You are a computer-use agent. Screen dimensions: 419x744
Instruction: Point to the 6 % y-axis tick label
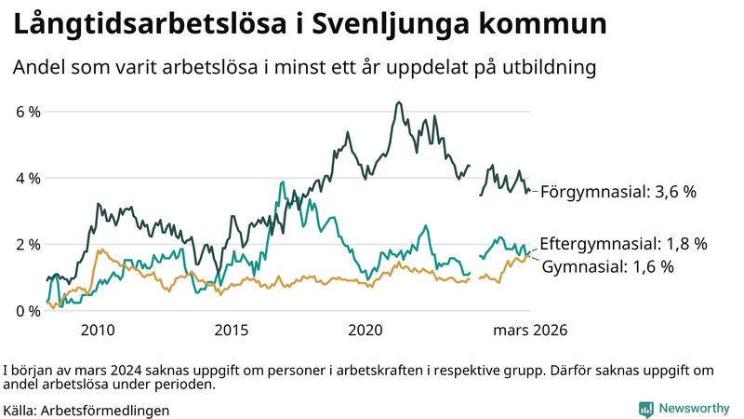point(28,112)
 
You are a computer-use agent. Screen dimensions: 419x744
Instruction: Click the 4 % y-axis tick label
point(28,178)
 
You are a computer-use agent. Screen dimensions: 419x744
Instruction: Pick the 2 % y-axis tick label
point(28,244)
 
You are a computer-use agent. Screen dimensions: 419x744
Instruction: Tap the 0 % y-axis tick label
point(28,311)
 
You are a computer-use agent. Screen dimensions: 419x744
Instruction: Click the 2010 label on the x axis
point(98,331)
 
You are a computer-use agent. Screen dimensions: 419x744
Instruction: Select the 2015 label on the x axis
point(232,331)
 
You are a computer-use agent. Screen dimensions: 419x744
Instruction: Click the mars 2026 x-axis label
point(530,331)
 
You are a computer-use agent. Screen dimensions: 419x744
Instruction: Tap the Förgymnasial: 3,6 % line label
point(618,192)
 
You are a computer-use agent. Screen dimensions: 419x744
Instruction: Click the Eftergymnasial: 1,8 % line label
point(623,244)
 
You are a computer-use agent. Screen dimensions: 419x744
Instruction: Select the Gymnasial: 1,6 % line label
point(620,267)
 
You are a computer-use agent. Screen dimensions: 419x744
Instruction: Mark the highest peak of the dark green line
point(399,102)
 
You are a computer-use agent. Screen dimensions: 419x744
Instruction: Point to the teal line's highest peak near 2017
point(281,182)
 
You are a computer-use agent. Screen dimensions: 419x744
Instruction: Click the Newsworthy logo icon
point(645,409)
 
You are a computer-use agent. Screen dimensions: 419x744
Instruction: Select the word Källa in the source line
point(20,410)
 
